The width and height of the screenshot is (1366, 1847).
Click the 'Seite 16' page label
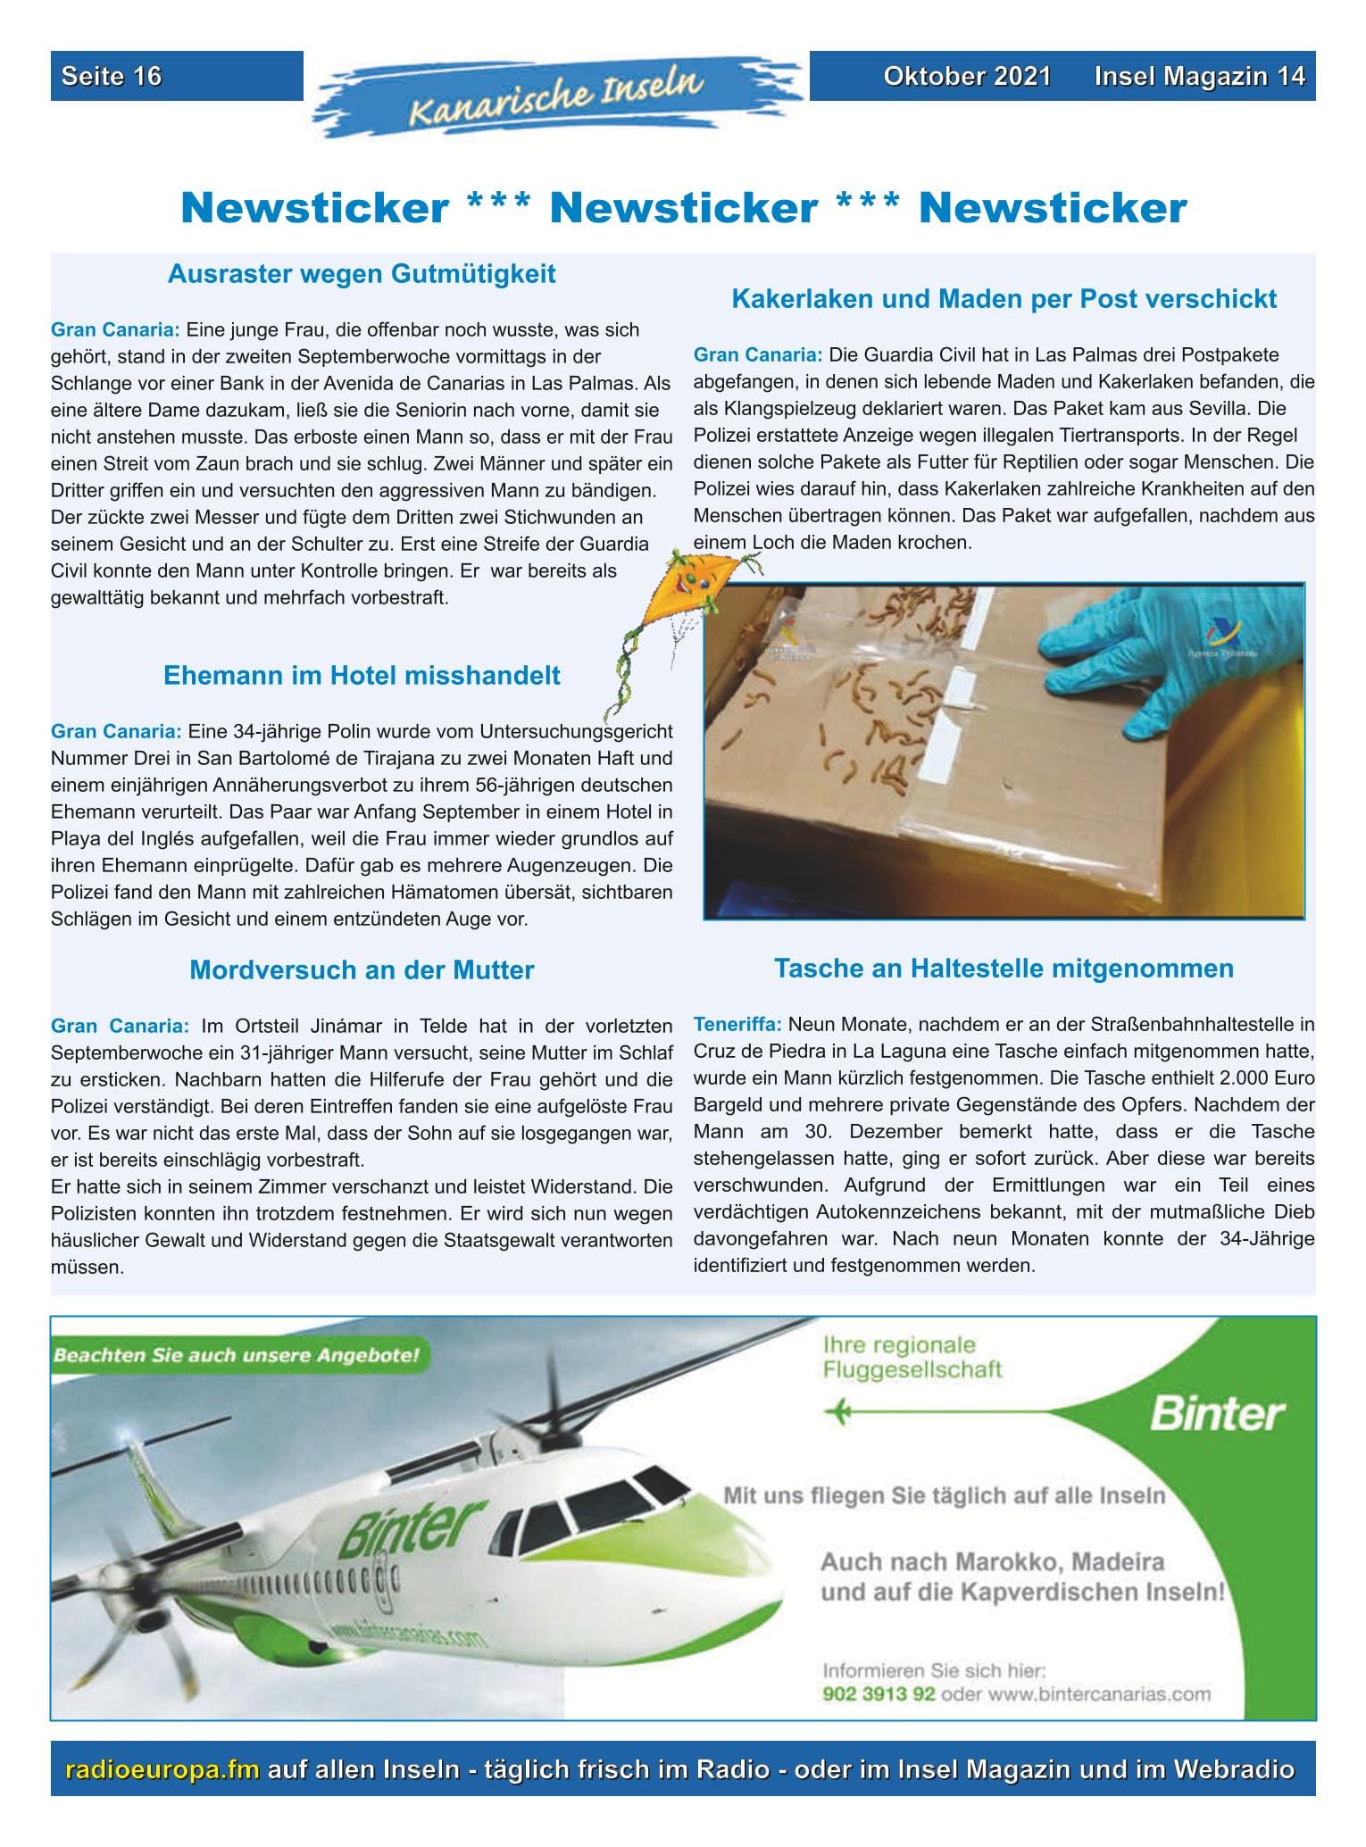coord(112,76)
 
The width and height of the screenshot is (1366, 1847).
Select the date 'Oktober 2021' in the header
coord(967,76)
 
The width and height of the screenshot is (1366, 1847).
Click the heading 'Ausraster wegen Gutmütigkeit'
coord(362,273)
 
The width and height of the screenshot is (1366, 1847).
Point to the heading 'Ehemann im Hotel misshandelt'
coord(362,675)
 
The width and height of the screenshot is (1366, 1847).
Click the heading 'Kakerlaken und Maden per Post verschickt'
coord(1004,298)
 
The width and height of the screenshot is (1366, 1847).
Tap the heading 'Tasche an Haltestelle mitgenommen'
coord(1004,968)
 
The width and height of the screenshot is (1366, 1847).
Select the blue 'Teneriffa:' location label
coord(737,1024)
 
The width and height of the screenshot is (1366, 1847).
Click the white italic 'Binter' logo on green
coord(1216,1414)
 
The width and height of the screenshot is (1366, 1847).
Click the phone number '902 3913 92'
coord(879,1693)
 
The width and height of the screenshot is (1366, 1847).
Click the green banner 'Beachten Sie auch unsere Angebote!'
coord(237,1354)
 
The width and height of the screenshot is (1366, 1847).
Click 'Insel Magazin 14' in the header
coord(1199,76)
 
